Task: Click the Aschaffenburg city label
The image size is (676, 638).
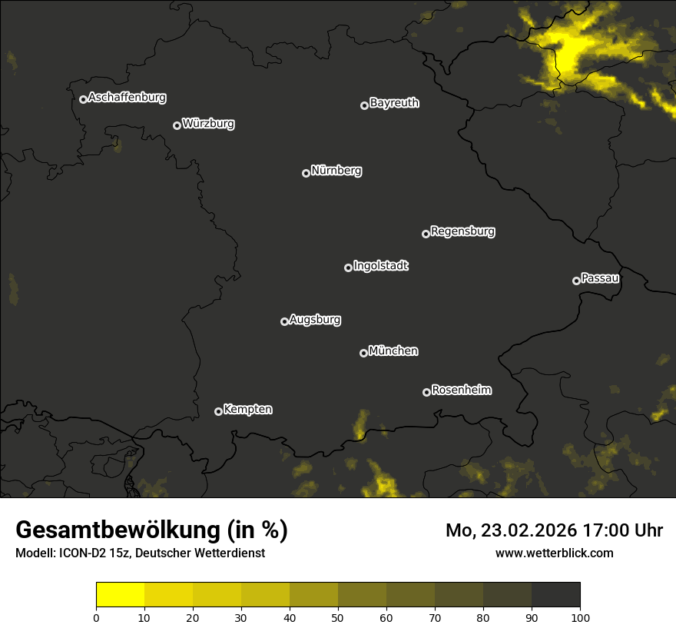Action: [x=127, y=98]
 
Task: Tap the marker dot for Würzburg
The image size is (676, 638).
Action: [x=177, y=125]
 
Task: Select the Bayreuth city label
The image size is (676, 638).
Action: [x=394, y=103]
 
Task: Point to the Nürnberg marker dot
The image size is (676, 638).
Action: [x=306, y=173]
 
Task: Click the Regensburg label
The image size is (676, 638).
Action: [x=462, y=231]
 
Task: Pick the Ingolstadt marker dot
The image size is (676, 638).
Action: [x=348, y=267]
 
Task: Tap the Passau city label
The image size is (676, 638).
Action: [x=600, y=277]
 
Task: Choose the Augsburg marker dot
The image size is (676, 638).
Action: [x=284, y=321]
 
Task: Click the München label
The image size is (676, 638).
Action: [x=393, y=351]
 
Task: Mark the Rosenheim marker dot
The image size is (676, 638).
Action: [x=426, y=392]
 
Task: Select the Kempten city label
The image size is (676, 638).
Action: [x=247, y=409]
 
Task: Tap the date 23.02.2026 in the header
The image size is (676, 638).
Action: [x=531, y=530]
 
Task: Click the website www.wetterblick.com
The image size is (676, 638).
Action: [x=554, y=553]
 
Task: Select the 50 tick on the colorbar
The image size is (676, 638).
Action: [x=338, y=616]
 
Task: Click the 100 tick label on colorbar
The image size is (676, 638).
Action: [x=580, y=616]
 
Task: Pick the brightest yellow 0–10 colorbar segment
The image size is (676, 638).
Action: [x=120, y=595]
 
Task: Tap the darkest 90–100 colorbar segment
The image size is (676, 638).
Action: [x=555, y=595]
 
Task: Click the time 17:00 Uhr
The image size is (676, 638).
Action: [x=626, y=530]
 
